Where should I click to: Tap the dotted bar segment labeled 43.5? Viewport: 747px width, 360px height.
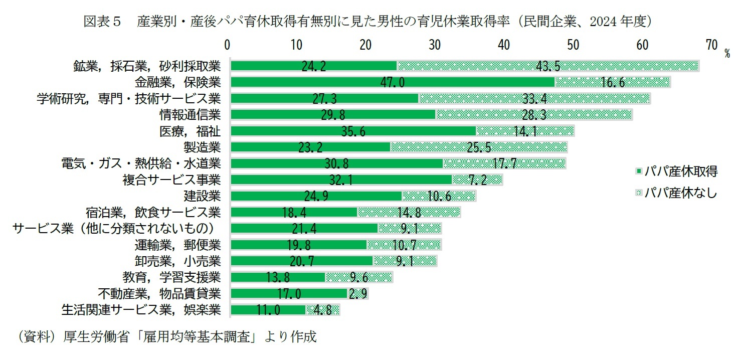click(x=548, y=66)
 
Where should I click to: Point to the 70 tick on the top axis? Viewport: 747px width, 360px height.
click(x=711, y=45)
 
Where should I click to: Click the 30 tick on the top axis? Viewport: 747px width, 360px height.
click(x=435, y=45)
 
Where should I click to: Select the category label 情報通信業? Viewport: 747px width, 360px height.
click(x=190, y=115)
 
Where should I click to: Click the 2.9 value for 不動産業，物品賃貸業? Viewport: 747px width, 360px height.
click(x=358, y=294)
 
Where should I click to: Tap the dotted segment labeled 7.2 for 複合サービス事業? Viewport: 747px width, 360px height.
click(x=476, y=180)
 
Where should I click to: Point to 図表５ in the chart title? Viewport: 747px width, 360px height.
click(x=102, y=21)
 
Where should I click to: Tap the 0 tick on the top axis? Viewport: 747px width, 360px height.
click(x=228, y=45)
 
